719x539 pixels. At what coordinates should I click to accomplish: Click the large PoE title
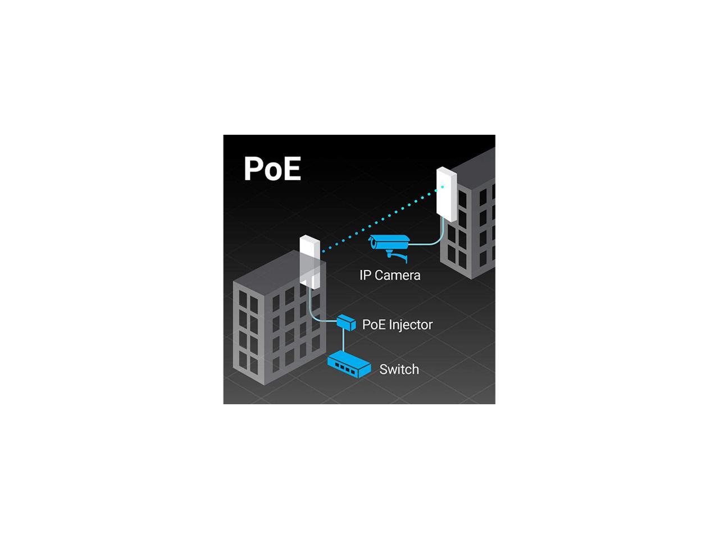(x=272, y=168)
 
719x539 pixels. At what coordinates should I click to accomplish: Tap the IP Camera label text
(x=390, y=275)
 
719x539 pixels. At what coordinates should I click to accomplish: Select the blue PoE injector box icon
(x=346, y=323)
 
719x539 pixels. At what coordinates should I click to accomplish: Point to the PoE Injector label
(x=397, y=325)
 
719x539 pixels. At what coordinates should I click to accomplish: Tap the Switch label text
(x=399, y=369)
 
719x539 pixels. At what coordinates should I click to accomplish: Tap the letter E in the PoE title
(x=291, y=168)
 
